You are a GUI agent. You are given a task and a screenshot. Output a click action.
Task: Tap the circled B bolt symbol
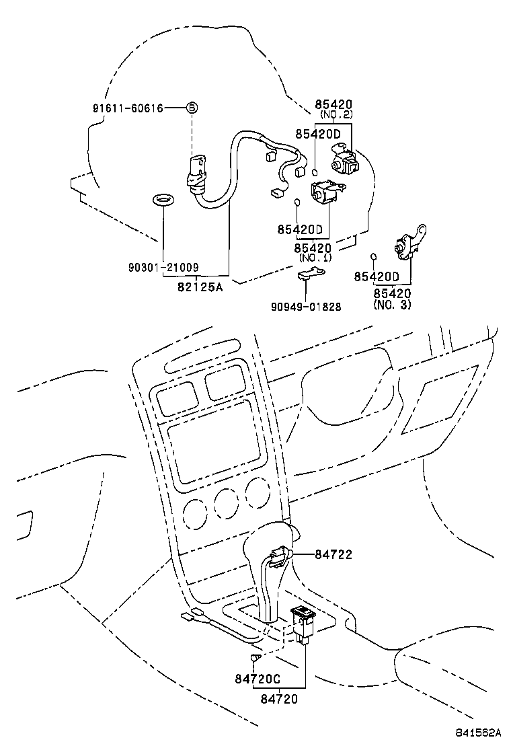[191, 108]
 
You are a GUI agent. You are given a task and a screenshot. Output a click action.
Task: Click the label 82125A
[200, 287]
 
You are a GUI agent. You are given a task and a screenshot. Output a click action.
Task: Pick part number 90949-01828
[306, 307]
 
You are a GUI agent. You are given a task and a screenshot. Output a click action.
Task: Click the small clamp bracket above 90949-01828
[309, 274]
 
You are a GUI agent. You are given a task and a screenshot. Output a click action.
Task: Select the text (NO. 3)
[392, 305]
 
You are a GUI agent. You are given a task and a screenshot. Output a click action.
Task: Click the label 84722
[333, 555]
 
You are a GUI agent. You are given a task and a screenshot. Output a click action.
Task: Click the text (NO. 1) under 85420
[315, 258]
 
